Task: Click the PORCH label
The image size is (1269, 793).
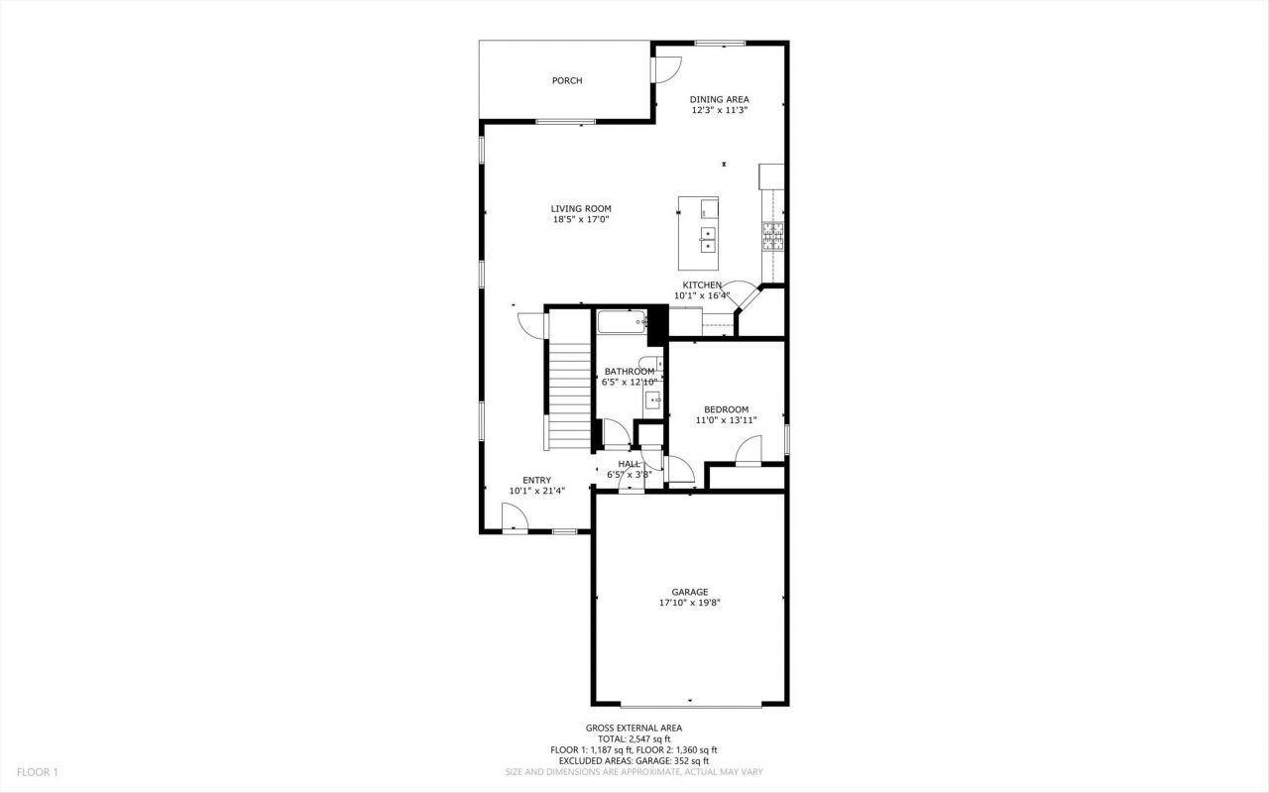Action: (x=567, y=80)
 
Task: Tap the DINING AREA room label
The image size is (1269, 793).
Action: (x=719, y=99)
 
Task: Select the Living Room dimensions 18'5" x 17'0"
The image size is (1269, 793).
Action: (x=581, y=220)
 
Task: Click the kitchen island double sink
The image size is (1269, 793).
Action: (x=709, y=239)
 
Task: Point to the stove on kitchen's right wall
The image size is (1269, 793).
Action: (x=772, y=235)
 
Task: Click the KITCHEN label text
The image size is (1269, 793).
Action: (x=702, y=284)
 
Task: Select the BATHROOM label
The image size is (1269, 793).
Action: (x=630, y=372)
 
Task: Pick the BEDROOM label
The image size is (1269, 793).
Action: (x=726, y=409)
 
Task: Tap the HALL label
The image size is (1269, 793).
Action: (x=629, y=463)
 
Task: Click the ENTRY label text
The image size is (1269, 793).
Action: (x=536, y=480)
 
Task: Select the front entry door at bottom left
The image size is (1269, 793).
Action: (x=515, y=518)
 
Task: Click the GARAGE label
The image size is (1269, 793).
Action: (x=689, y=592)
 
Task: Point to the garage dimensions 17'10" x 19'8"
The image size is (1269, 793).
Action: (x=689, y=603)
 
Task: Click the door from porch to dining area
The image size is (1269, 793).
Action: (x=665, y=68)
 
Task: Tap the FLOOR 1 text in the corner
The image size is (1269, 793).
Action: (x=37, y=771)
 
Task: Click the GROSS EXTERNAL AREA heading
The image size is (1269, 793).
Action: (x=634, y=728)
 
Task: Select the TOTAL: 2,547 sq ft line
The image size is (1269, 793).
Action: (x=634, y=738)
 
